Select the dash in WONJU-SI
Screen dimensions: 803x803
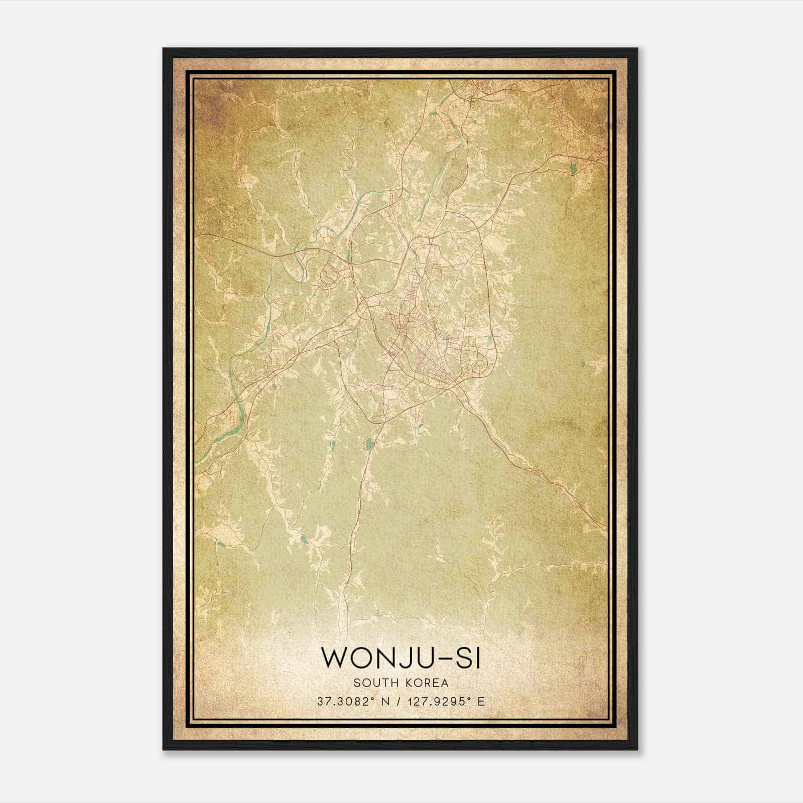point(448,658)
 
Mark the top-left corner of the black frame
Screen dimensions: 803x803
point(164,49)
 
